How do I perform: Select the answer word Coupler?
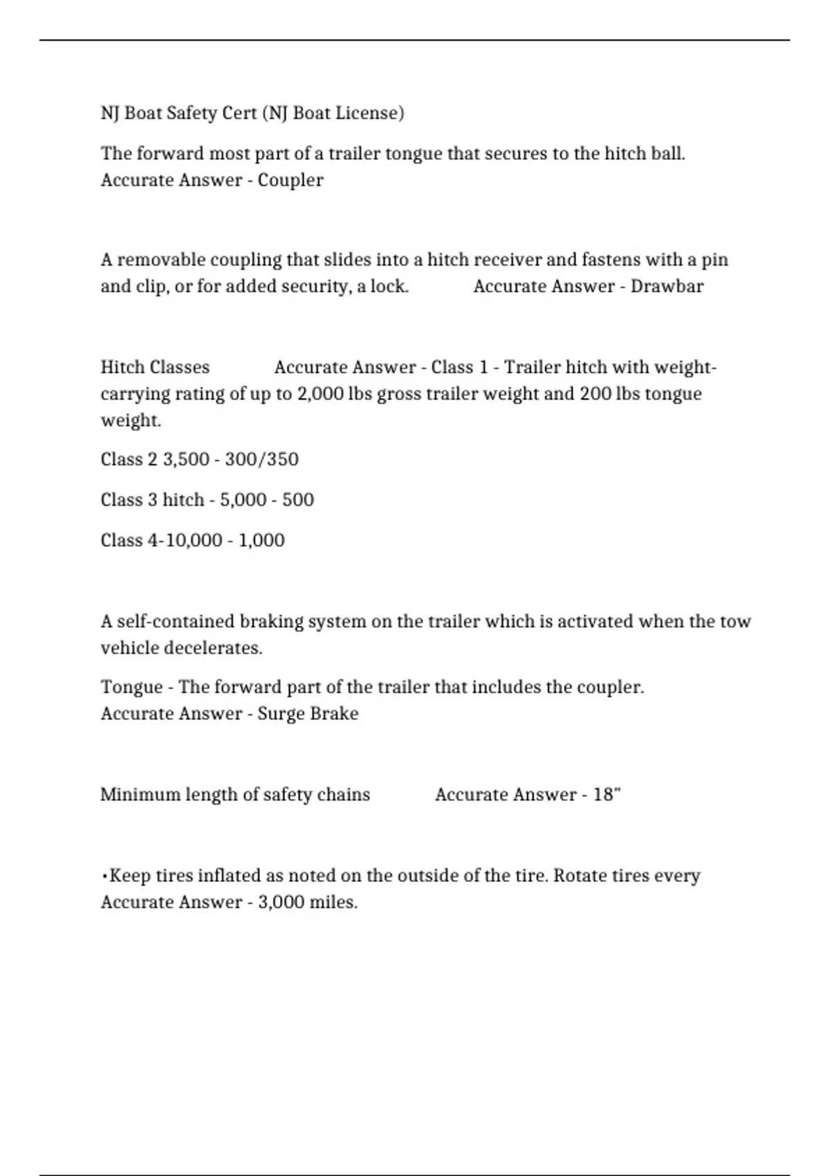click(x=290, y=180)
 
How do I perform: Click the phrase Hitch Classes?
click(x=155, y=367)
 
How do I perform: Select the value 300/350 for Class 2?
click(x=261, y=459)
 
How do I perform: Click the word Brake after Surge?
click(x=335, y=713)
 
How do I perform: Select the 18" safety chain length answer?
click(x=607, y=794)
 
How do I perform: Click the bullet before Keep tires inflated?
click(x=104, y=876)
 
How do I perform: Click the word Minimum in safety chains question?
click(x=140, y=794)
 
